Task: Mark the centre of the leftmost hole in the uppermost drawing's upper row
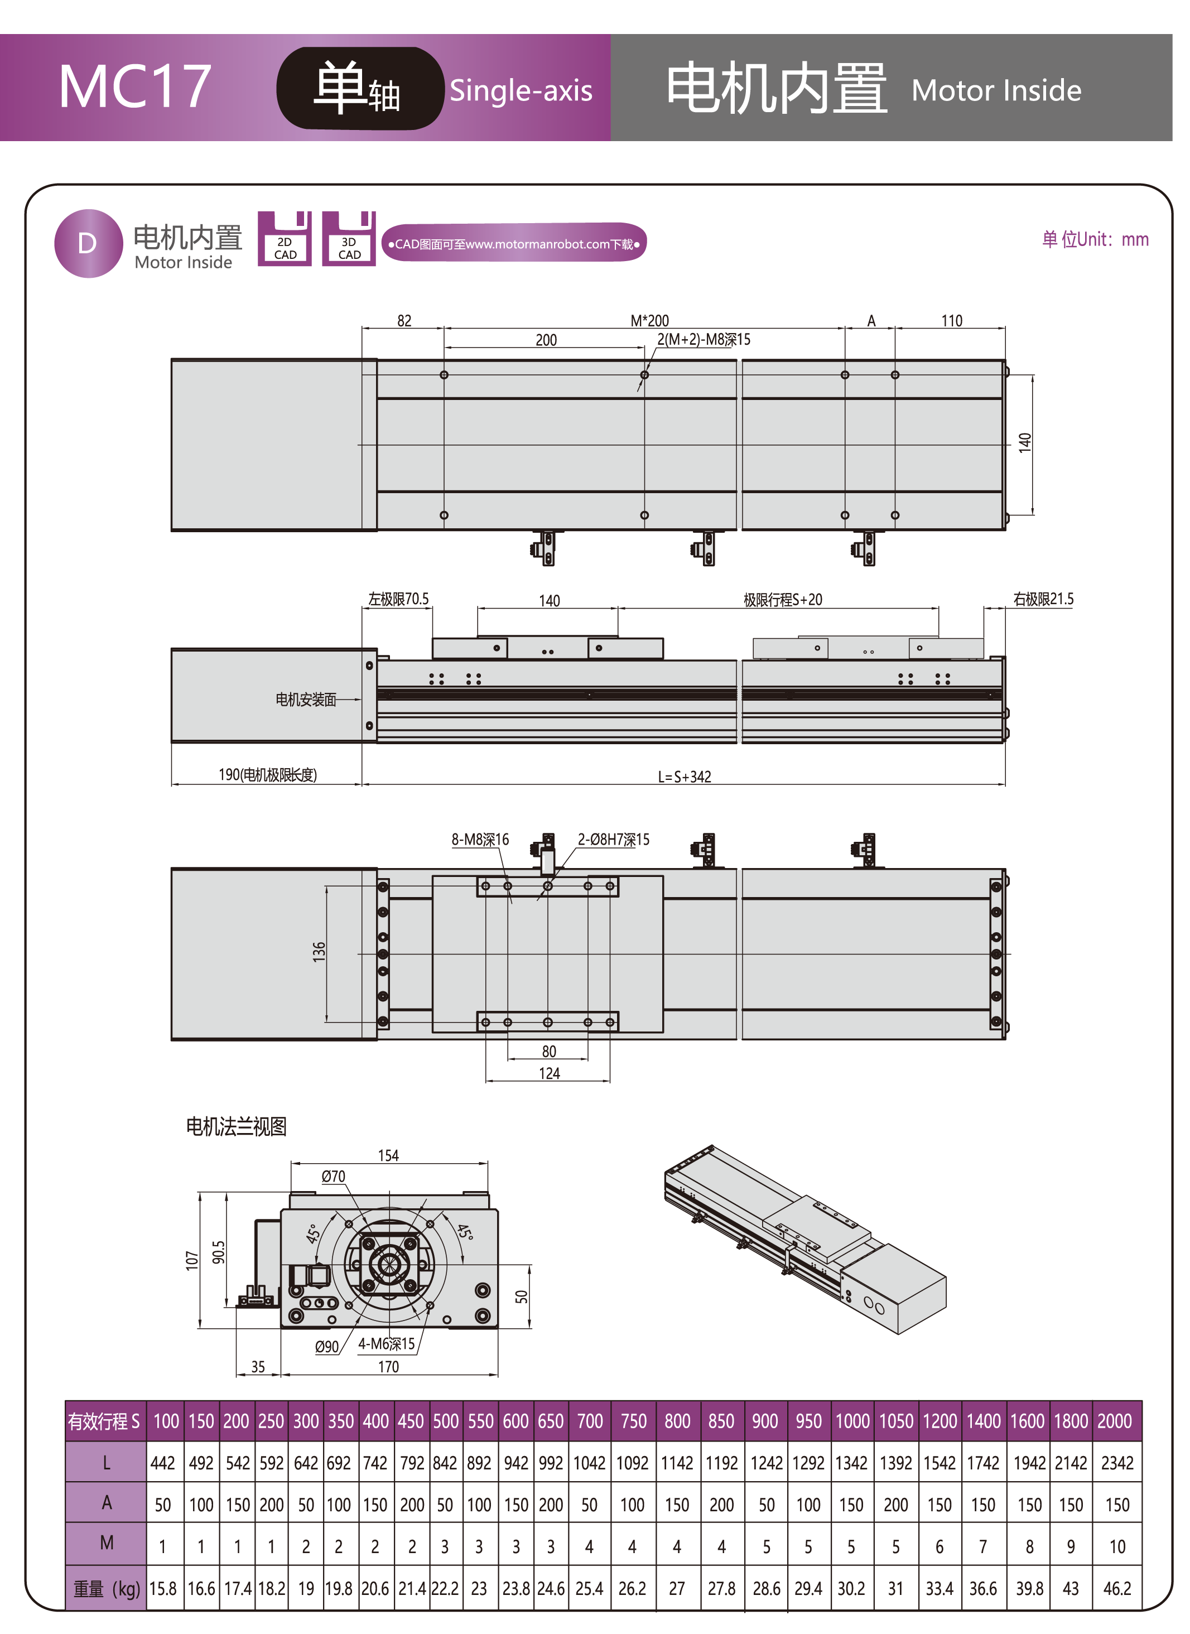444,375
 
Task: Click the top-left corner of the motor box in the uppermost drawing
171,359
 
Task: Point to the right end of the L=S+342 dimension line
1005,784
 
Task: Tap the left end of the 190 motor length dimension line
171,784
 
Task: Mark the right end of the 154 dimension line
488,1163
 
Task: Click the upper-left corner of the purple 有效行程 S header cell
65,1401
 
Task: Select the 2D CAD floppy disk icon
285,238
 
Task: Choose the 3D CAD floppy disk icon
349,238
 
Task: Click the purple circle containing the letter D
88,244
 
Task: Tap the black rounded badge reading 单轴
359,89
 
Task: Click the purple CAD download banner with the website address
514,244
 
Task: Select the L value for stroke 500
445,1463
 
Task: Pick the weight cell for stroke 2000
1117,1589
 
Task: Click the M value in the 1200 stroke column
940,1547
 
